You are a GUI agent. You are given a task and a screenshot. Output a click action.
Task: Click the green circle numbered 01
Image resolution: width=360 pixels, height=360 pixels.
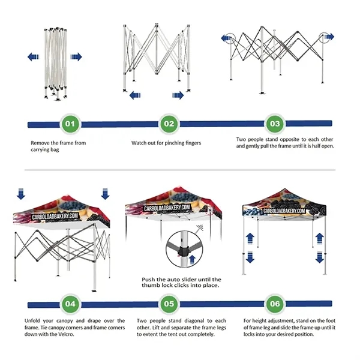tap(70, 124)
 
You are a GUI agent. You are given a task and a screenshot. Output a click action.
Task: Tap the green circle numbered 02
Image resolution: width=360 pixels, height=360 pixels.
tap(169, 124)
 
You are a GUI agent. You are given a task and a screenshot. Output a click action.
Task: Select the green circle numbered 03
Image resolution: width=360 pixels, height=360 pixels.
tap(275, 124)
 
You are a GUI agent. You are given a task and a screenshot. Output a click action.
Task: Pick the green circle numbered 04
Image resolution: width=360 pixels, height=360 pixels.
tap(70, 304)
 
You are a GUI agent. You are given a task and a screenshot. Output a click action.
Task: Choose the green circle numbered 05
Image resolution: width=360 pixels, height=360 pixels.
tap(169, 304)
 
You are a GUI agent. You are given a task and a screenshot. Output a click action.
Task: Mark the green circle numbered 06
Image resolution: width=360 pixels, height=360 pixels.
tap(275, 304)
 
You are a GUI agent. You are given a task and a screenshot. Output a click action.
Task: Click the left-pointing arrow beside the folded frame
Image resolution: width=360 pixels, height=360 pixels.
tap(34, 57)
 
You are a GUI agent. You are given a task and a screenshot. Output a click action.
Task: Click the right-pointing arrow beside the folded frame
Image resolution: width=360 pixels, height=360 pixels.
tap(75, 57)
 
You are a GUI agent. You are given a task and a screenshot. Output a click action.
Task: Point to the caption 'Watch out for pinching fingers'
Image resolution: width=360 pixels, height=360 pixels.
tap(166, 143)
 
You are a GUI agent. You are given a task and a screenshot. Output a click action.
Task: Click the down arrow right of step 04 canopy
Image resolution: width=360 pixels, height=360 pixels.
tap(106, 193)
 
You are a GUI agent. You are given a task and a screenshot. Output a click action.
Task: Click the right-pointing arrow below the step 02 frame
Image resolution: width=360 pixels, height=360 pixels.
tap(178, 95)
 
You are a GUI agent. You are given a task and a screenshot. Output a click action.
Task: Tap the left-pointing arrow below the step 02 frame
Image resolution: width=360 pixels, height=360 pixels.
tap(136, 95)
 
